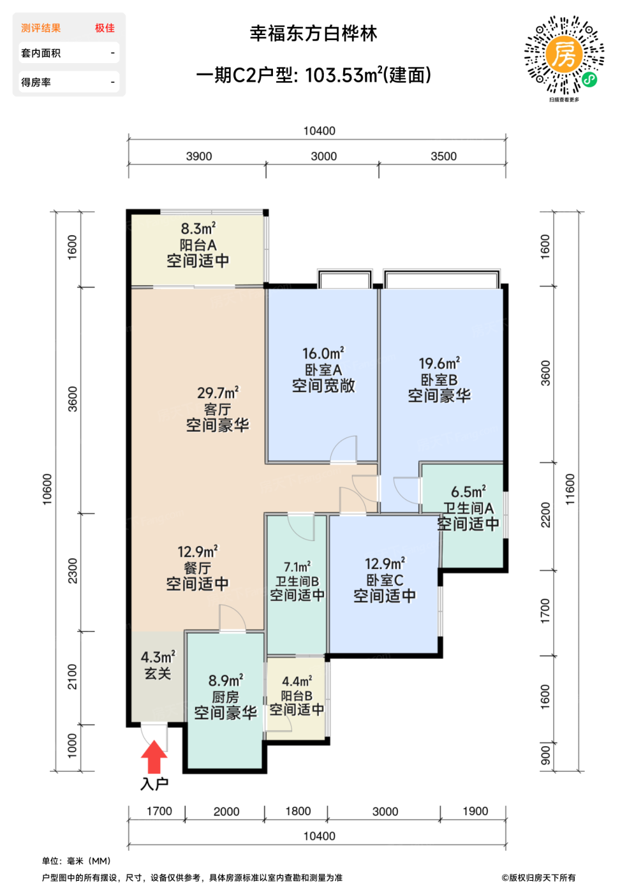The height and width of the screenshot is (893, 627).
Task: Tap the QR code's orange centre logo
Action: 564,55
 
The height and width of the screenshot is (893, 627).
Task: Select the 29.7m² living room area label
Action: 218,393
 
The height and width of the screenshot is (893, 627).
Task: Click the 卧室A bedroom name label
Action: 323,370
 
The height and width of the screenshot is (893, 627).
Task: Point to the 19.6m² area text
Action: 439,363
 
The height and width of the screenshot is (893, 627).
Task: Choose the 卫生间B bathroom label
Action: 297,581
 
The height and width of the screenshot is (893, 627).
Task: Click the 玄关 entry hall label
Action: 158,674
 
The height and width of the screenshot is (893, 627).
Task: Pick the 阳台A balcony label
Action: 198,245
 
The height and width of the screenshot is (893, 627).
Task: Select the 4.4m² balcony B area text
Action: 297,681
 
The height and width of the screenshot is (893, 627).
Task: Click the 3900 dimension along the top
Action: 199,156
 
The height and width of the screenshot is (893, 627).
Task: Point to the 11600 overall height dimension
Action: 570,489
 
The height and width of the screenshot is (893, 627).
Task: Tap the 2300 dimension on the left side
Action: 72,570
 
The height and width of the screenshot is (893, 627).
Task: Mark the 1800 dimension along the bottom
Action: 298,811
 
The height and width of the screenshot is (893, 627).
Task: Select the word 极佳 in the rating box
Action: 105,28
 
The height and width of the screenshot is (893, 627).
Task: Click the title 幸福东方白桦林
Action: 313,33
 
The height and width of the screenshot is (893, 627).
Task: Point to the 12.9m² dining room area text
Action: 198,552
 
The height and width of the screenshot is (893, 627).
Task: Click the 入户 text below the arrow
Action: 154,784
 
